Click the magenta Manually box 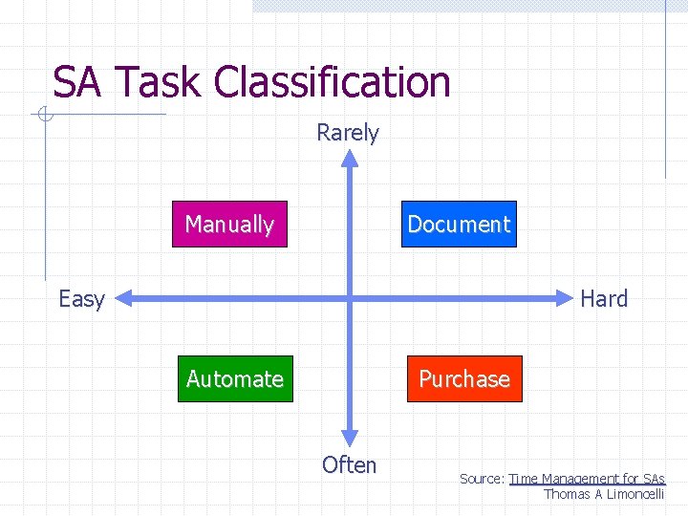coord(229,225)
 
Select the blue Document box coord(459,225)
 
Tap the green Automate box coord(235,379)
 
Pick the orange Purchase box coord(464,379)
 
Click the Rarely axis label coord(348,133)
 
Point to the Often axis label coord(349,465)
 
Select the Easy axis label coord(81,299)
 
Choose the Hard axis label coord(604,299)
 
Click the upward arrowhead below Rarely coord(350,160)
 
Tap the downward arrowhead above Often coord(350,438)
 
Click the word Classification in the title coord(333,83)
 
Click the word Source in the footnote coord(481,479)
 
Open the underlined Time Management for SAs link coord(587,479)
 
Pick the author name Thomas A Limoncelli coord(603,494)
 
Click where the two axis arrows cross coord(350,299)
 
